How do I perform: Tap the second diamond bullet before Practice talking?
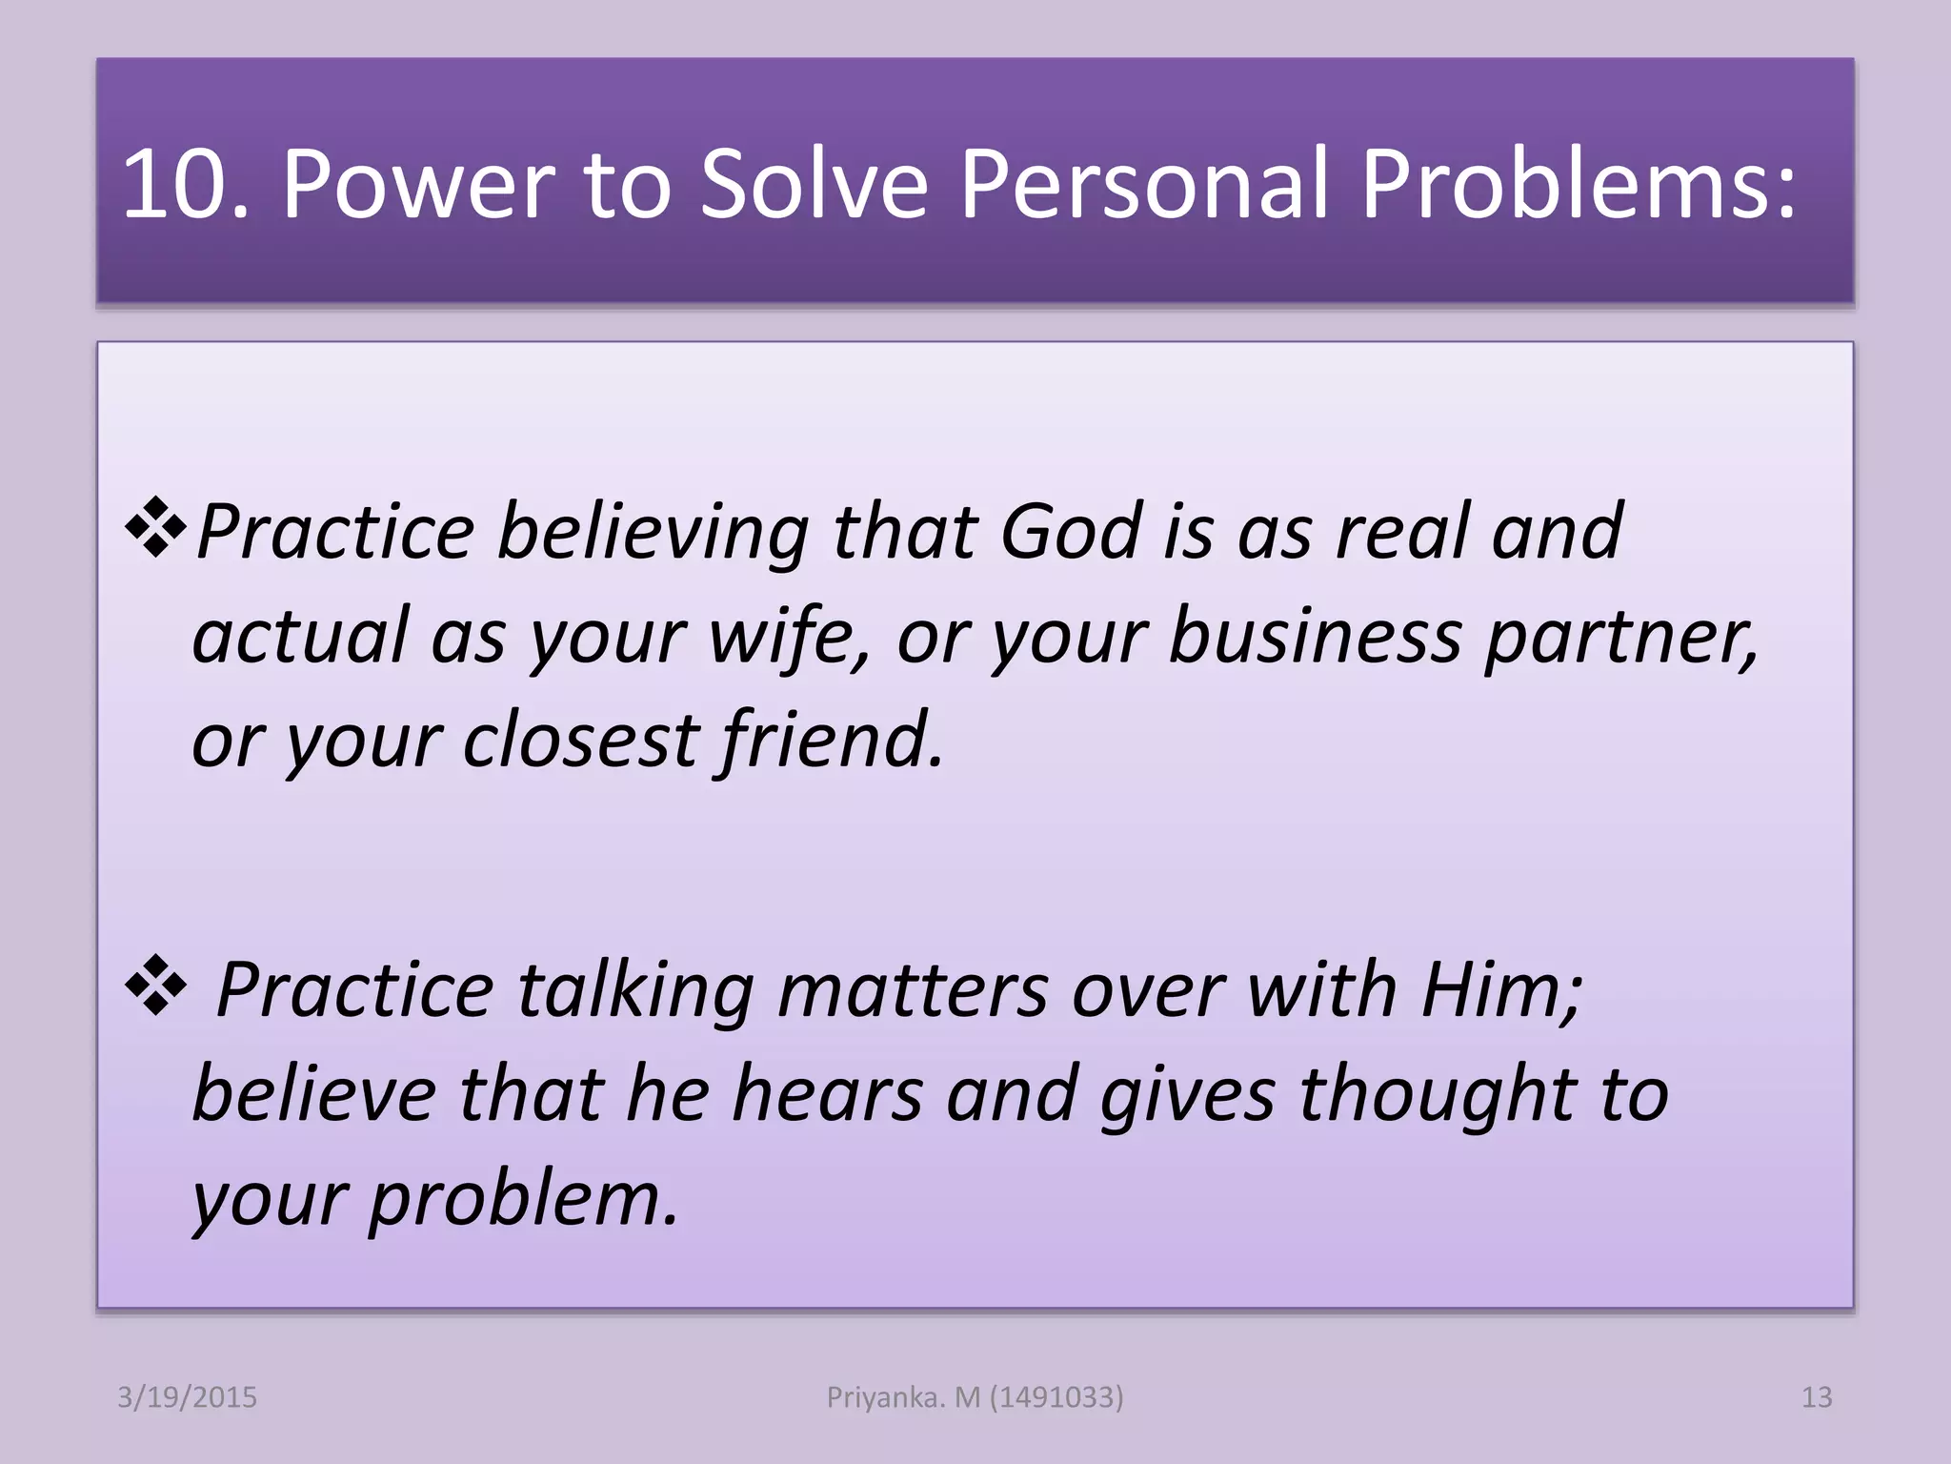155,988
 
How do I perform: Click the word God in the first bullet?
1071,532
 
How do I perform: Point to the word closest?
581,741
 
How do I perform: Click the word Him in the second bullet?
1499,990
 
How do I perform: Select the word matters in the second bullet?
913,990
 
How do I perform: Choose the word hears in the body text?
827,1094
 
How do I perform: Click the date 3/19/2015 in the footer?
187,1397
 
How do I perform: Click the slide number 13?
1816,1397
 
